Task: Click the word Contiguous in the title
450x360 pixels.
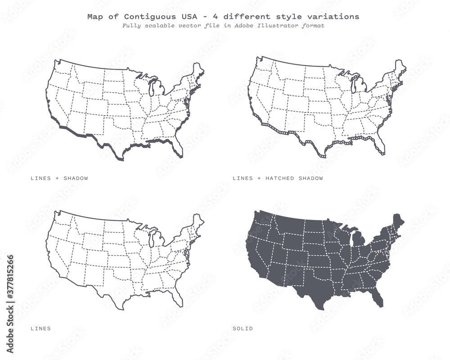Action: coord(134,17)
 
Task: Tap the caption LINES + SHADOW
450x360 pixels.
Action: coord(59,178)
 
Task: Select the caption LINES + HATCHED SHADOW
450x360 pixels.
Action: coord(278,178)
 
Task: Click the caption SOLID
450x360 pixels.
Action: coord(243,328)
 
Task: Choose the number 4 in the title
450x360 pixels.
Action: coord(216,17)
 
